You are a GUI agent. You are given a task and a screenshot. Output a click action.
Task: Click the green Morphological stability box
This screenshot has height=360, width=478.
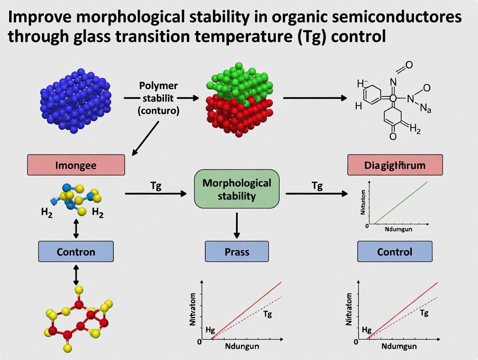pyautogui.click(x=237, y=189)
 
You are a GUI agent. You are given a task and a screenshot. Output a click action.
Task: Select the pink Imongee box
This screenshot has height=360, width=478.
pyautogui.click(x=76, y=165)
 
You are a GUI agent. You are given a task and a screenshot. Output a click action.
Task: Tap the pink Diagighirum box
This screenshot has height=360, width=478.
pyautogui.click(x=395, y=165)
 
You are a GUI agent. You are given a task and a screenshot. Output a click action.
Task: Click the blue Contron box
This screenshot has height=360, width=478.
pyautogui.click(x=76, y=251)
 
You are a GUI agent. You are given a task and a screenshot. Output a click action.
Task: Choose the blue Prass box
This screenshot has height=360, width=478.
pyautogui.click(x=236, y=251)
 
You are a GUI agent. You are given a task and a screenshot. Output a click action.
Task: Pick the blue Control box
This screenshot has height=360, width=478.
pyautogui.click(x=394, y=251)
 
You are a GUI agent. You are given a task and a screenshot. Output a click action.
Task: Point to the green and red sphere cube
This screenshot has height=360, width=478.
pyautogui.click(x=239, y=99)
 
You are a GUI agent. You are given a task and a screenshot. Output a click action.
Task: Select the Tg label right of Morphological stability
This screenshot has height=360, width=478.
pyautogui.click(x=317, y=186)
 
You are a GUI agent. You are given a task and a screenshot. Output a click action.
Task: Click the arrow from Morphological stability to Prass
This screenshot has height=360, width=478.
pyautogui.click(x=236, y=225)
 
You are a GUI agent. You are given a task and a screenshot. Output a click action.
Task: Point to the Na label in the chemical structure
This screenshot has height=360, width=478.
pyautogui.click(x=426, y=109)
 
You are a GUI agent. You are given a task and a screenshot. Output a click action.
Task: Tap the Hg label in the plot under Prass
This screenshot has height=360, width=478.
pyautogui.click(x=210, y=330)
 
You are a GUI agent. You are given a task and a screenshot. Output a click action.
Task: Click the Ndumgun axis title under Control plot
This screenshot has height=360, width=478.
pyautogui.click(x=399, y=346)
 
